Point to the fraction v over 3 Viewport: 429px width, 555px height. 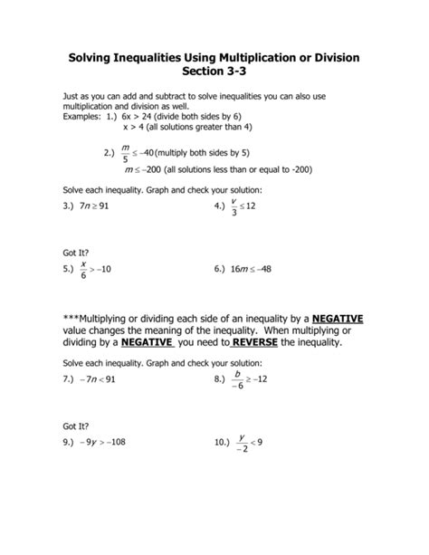click(234, 206)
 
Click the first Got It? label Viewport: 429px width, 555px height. click(76, 252)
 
